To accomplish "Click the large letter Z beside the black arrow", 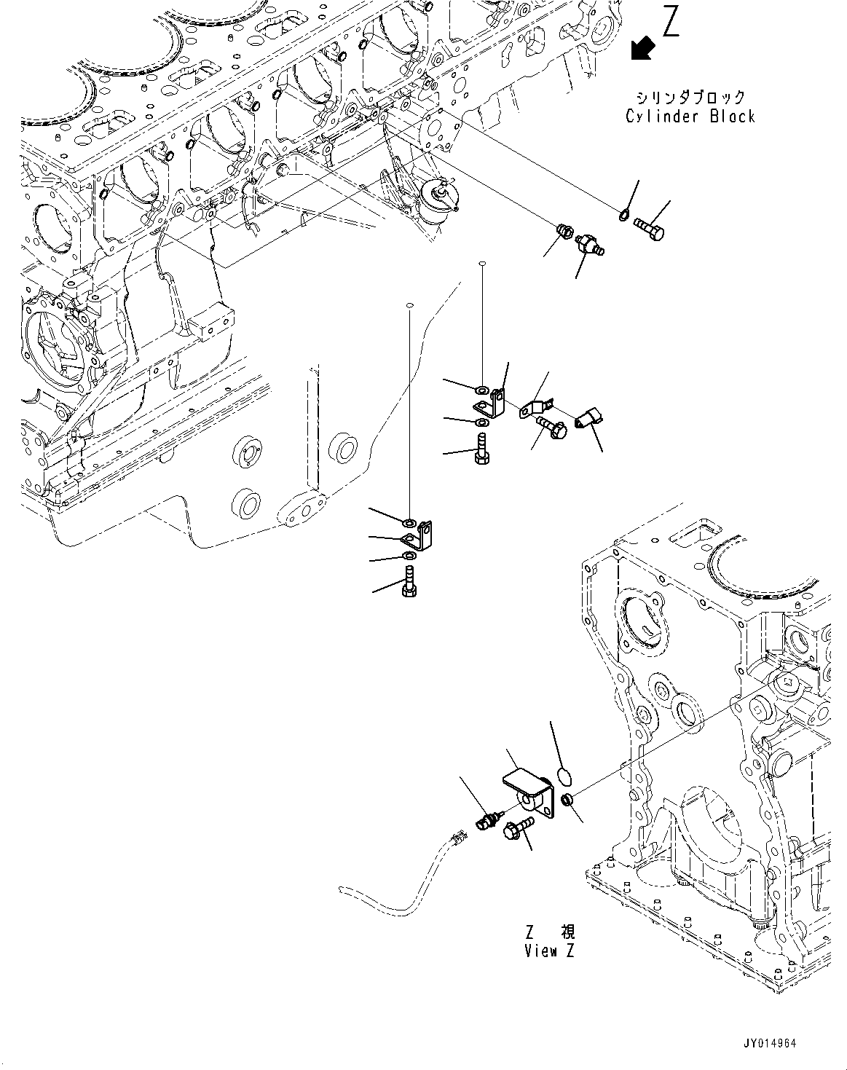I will [670, 22].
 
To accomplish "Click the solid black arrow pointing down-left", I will [642, 48].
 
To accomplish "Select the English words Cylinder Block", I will [690, 117].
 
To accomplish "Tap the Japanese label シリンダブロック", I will [690, 97].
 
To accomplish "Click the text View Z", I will [549, 951].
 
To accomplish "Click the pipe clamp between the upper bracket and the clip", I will [537, 408].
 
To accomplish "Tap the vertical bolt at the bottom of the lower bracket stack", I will [409, 583].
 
